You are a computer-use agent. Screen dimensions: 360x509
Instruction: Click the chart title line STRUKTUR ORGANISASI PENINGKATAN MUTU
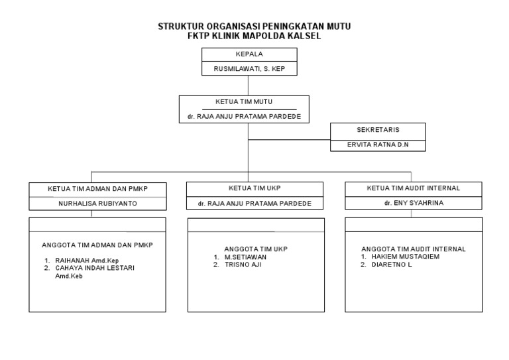[254, 27]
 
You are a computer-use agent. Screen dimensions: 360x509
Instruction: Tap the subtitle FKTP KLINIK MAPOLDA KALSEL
[254, 36]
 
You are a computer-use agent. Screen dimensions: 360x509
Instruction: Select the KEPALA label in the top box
[249, 55]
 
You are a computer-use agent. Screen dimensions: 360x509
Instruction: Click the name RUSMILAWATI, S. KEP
[249, 68]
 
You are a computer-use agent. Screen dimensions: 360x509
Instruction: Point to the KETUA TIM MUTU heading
[245, 102]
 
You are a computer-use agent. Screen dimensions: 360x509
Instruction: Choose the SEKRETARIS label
[378, 130]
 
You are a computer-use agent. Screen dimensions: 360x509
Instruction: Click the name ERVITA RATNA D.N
[378, 145]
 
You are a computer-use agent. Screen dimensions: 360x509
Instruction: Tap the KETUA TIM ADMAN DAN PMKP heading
[97, 189]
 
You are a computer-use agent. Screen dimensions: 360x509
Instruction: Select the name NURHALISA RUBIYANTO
[97, 204]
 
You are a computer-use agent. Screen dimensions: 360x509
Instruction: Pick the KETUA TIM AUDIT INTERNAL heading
[413, 189]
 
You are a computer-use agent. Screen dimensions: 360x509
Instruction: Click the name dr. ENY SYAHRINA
[413, 204]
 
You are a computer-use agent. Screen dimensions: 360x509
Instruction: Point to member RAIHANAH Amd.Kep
[86, 261]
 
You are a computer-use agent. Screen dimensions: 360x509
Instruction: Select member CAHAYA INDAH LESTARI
[95, 268]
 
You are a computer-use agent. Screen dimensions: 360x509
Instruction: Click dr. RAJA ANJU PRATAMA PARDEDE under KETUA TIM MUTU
[245, 117]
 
